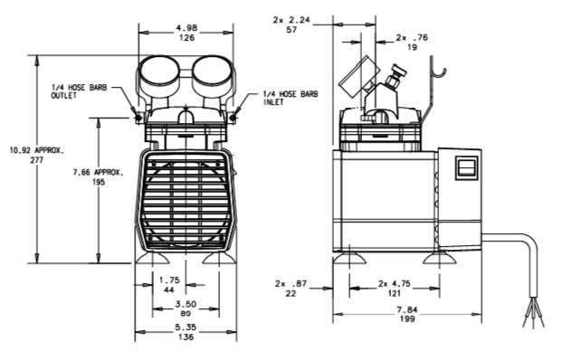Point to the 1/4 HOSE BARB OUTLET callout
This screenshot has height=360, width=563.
[x=79, y=91]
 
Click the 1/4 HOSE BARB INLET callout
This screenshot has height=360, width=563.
[x=291, y=98]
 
